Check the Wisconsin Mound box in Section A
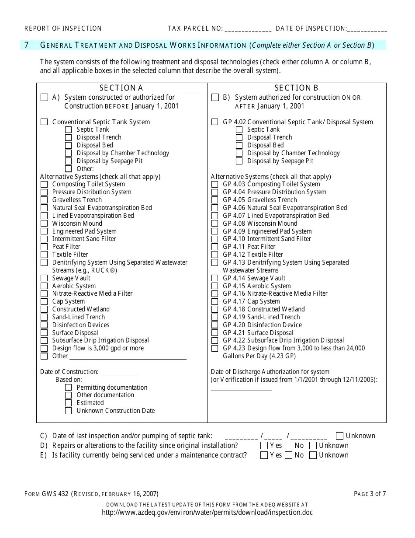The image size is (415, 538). click(x=44, y=224)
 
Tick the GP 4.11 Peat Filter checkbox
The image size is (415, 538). click(x=214, y=247)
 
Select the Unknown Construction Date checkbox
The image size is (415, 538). click(x=68, y=411)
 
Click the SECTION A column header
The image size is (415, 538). click(x=121, y=88)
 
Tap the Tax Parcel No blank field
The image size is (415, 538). click(x=248, y=29)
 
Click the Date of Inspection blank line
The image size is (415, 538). click(x=367, y=29)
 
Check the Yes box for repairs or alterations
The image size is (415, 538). click(x=264, y=446)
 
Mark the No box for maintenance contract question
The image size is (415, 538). click(x=288, y=455)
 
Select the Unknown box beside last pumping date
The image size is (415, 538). click(x=340, y=436)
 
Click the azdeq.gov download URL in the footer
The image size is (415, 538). click(x=207, y=513)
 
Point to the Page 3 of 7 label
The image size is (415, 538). click(x=370, y=494)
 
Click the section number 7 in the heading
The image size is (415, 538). click(x=27, y=45)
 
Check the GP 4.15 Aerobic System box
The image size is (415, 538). click(x=214, y=286)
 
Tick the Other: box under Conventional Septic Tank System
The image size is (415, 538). click(x=68, y=169)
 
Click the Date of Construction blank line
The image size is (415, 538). click(x=119, y=373)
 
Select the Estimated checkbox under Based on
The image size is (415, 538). click(x=68, y=403)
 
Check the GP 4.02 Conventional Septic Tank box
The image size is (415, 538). click(x=214, y=122)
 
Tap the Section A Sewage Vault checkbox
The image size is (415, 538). click(x=44, y=279)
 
